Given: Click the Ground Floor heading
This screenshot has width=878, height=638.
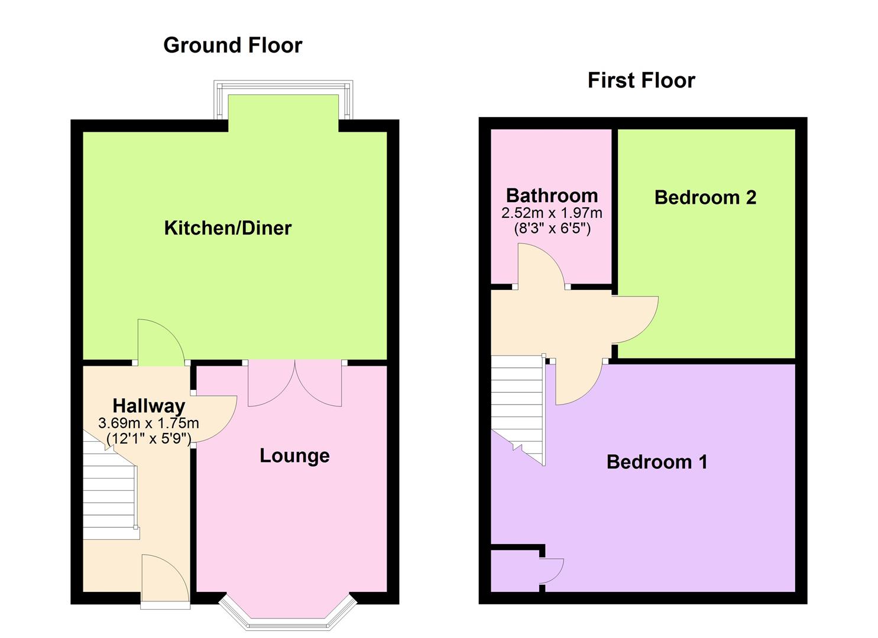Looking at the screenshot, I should [x=232, y=45].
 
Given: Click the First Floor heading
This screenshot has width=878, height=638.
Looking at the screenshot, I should [x=641, y=80].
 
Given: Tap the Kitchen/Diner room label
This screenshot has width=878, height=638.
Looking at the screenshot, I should [x=228, y=228].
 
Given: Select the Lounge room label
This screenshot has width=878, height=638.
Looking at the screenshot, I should [x=294, y=455].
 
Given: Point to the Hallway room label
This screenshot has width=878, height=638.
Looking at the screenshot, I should [x=148, y=406].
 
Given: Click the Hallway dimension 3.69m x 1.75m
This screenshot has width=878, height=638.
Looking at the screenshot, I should [x=148, y=423].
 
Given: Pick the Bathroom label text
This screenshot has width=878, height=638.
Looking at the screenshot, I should [x=552, y=196].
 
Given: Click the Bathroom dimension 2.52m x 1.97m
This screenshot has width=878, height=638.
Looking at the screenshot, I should [x=552, y=213].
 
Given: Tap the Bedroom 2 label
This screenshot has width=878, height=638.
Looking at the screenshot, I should [x=705, y=197].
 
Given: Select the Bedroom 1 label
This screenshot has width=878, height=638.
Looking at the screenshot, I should [x=656, y=461].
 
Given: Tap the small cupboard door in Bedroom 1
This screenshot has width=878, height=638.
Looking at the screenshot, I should [x=552, y=571].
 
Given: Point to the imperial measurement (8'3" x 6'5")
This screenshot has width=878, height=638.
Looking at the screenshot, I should [x=552, y=228].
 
